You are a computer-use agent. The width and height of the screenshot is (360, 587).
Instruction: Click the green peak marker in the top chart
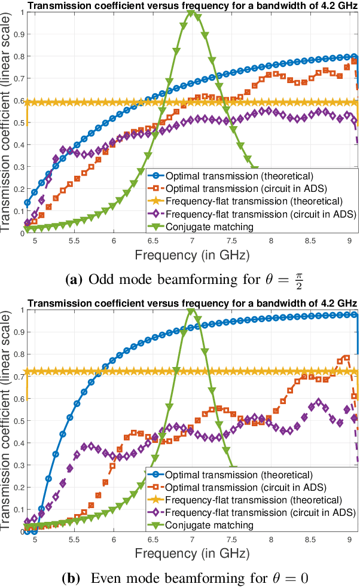(192, 13)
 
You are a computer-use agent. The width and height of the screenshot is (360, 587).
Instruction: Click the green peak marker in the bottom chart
(192, 310)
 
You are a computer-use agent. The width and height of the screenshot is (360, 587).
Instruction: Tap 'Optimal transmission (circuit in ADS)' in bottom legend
(246, 485)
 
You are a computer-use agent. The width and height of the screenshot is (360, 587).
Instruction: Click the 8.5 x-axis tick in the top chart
(310, 240)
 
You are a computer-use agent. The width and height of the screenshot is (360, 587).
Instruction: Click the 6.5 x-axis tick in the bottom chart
(152, 537)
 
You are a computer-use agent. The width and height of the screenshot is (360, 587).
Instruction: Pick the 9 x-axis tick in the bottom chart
(349, 537)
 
